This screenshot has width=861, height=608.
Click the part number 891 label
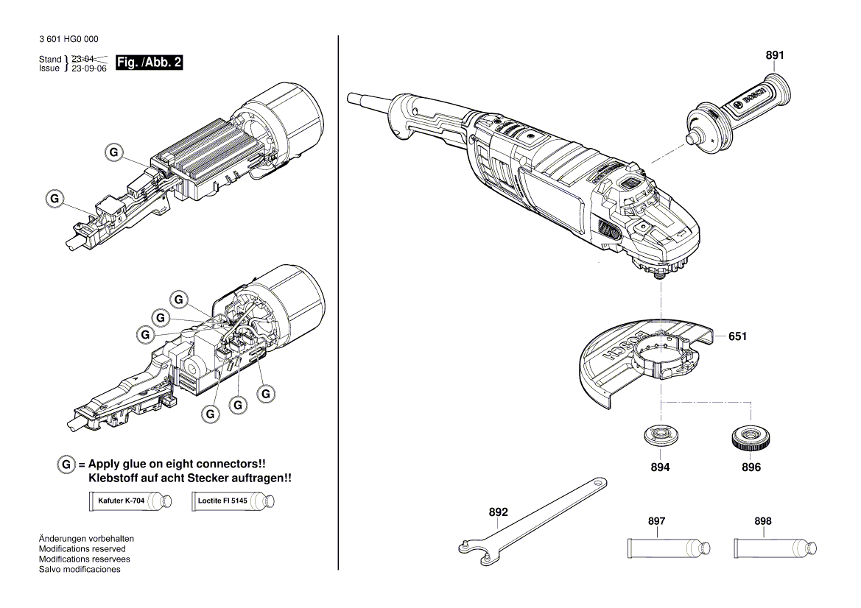[775, 55]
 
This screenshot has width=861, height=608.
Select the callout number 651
[737, 336]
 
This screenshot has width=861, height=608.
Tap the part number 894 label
[660, 467]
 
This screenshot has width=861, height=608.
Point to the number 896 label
[751, 467]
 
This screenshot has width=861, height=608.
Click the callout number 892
[499, 512]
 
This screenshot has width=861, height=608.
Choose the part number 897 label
[656, 521]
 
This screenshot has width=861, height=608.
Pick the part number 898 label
[763, 521]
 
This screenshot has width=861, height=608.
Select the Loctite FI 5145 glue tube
[233, 502]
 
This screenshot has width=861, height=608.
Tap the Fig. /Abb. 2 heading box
[149, 63]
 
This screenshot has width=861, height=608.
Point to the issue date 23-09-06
[89, 68]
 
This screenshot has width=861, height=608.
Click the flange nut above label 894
[660, 436]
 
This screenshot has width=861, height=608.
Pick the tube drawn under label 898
[776, 548]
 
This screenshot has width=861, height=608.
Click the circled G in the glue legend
[66, 464]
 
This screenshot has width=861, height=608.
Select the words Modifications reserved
[82, 549]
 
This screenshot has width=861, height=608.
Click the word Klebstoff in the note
[111, 478]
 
